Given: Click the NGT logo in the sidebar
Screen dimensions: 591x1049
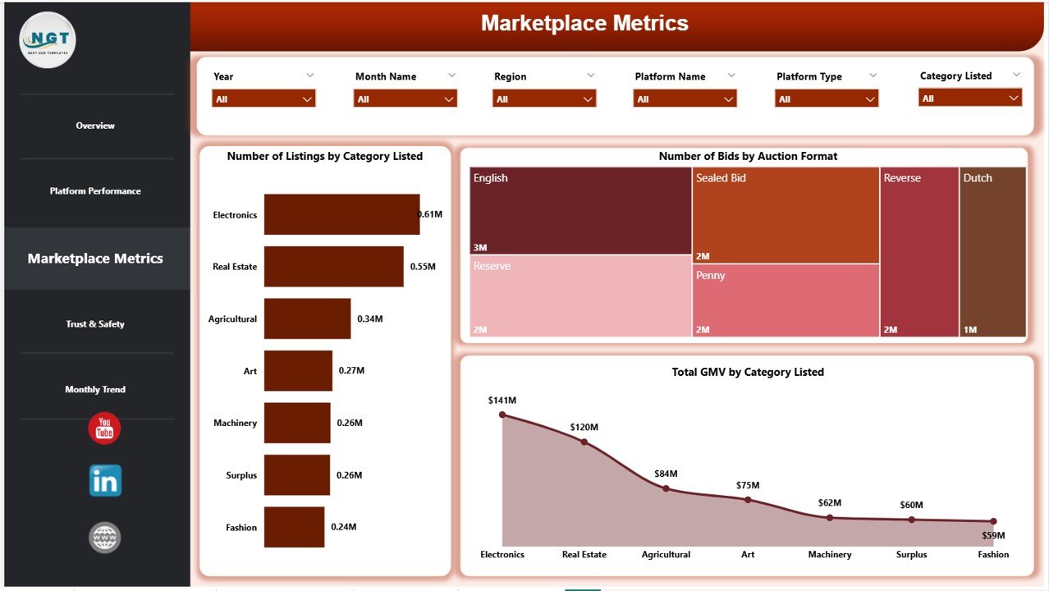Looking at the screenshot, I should point(48,39).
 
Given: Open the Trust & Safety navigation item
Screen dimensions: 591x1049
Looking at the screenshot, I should point(95,324).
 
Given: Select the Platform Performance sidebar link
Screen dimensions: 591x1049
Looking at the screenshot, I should point(95,191).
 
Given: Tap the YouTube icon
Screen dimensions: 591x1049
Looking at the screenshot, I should point(104,428).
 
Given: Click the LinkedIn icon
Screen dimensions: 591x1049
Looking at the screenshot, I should point(105,481).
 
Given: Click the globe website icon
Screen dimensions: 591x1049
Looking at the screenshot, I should point(105,538).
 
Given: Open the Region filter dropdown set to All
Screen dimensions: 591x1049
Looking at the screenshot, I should point(544,98).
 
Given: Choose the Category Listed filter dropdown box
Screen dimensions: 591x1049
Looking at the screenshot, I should point(969,98).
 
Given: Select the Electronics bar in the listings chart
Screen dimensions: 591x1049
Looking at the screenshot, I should point(341,214).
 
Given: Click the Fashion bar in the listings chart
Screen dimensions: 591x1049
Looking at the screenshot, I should point(294,527).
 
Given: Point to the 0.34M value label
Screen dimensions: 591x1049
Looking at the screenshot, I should point(370,318).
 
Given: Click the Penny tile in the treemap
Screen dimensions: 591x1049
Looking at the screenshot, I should point(786,301).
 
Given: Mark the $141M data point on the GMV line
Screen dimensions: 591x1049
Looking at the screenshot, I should point(502,415).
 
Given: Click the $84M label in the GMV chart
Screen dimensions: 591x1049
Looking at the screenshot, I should point(666,474).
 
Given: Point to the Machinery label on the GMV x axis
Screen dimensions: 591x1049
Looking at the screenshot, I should point(829,554).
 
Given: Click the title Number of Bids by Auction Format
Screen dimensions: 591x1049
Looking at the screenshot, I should point(748,156).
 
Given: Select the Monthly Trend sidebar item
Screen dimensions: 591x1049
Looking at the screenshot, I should point(95,389).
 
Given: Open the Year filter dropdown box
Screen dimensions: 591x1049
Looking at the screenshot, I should point(263,98).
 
